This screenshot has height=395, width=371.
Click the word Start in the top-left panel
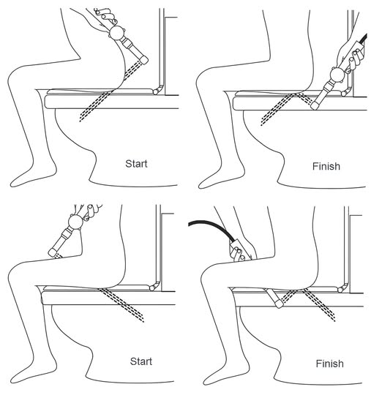tap(136, 164)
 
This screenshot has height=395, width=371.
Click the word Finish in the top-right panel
tap(326, 166)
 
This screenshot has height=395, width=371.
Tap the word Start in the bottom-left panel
tap(141, 361)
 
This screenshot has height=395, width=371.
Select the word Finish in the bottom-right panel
tap(330, 364)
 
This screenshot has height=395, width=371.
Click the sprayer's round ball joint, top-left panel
tap(117, 32)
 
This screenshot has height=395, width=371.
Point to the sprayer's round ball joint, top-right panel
tap(337, 75)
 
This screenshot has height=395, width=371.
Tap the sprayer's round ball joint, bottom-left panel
tap(76, 222)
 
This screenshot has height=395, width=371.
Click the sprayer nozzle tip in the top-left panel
tap(144, 60)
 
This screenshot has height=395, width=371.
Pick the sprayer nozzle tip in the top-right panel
tap(315, 106)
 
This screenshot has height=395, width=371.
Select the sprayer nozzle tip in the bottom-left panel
tap(52, 252)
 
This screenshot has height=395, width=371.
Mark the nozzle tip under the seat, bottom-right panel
tap(279, 304)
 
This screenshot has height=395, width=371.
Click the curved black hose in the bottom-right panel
tap(214, 225)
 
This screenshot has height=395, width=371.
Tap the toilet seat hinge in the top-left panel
tap(158, 90)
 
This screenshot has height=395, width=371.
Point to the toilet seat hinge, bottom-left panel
tap(154, 287)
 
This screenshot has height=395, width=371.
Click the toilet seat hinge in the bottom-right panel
tap(342, 288)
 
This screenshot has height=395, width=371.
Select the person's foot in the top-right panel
tap(220, 178)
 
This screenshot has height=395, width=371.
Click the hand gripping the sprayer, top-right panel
tap(351, 56)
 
